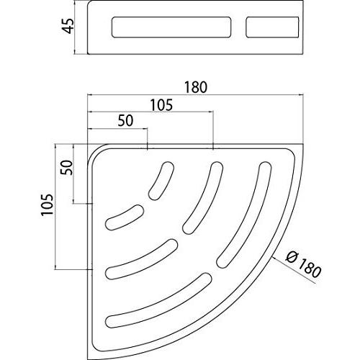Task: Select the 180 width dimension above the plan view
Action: pyautogui.click(x=196, y=87)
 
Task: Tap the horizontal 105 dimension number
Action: pyautogui.click(x=161, y=105)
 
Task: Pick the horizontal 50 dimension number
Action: pyautogui.click(x=125, y=121)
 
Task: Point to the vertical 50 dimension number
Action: pyautogui.click(x=66, y=167)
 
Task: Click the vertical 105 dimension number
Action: pyautogui.click(x=47, y=204)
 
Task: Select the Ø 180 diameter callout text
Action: pyautogui.click(x=304, y=264)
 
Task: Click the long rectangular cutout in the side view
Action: pyautogui.click(x=171, y=27)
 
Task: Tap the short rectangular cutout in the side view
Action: pyautogui.click(x=272, y=27)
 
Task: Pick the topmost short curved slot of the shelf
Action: pyautogui.click(x=161, y=181)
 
